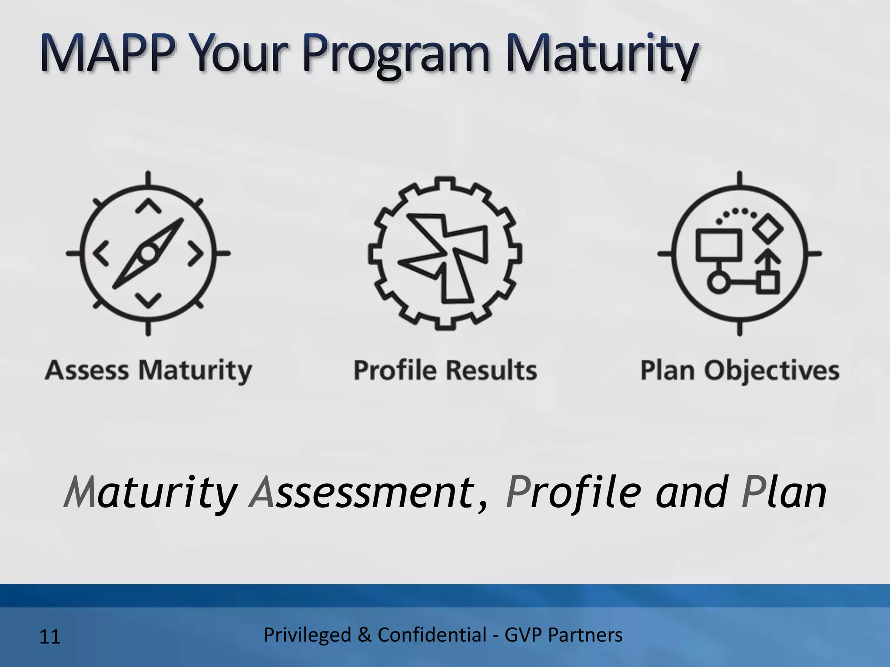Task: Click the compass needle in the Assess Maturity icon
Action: pos(148,254)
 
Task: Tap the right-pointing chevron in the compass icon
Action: pos(196,254)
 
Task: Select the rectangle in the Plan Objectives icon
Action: pos(718,245)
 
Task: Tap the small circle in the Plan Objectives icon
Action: pos(717,282)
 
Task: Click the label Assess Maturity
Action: pos(148,370)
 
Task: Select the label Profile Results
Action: pos(445,370)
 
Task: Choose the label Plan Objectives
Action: pos(740,370)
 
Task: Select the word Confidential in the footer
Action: pos(432,635)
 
